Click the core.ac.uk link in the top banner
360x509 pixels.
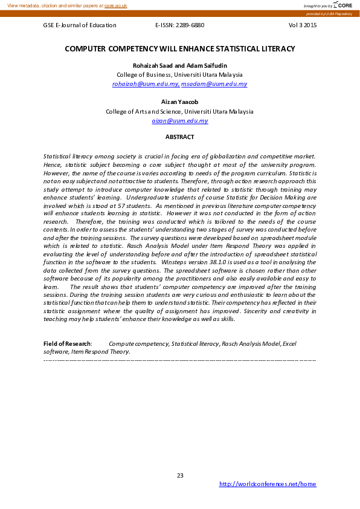[115, 5]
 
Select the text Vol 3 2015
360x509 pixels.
[303, 25]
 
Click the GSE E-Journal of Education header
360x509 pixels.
[80, 25]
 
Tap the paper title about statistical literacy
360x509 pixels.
[180, 48]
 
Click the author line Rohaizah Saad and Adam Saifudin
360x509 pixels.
[180, 65]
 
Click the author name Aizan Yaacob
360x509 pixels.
[180, 102]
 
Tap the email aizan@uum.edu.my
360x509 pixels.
[180, 121]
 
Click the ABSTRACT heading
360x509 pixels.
[180, 137]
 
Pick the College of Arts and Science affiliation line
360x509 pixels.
[180, 112]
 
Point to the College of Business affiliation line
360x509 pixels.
[180, 75]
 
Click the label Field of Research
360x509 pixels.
[67, 344]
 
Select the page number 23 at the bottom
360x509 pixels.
[180, 475]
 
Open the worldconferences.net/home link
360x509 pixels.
[267, 484]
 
